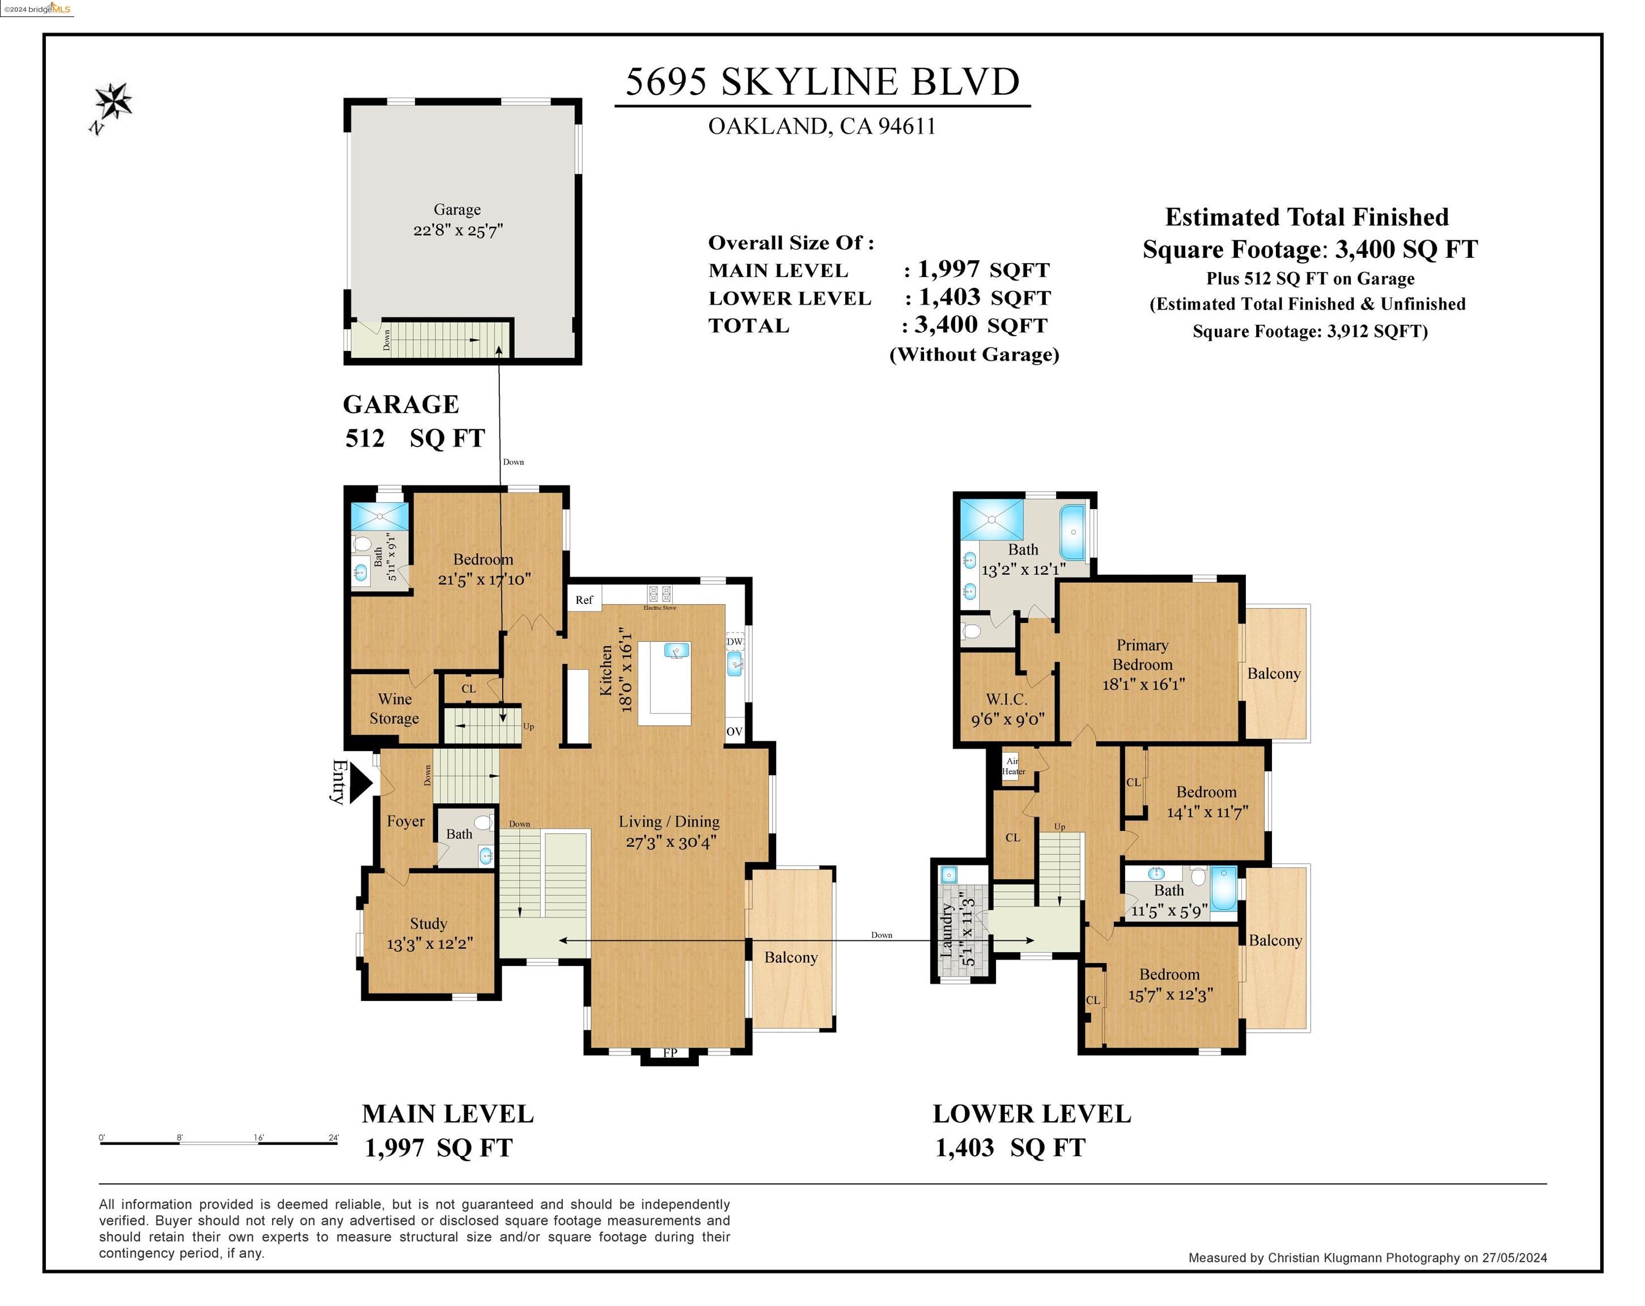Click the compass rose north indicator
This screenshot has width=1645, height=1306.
pos(112,107)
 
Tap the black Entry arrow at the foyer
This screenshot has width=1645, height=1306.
pos(361,783)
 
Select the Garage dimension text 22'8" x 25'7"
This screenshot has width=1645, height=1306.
pos(458,230)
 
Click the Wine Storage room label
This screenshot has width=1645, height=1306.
pos(395,708)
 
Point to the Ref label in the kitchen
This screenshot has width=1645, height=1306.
pos(584,600)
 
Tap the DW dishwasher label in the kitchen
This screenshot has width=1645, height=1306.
pos(734,642)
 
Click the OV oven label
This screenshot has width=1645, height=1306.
pos(734,731)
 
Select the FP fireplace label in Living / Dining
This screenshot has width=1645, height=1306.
pos(670,1053)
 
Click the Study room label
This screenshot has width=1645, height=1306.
pos(428,923)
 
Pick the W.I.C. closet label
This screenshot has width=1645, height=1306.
pos(1006,699)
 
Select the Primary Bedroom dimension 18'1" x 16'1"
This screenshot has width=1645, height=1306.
pos(1143,684)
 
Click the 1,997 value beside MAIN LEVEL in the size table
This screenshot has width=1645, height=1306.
pos(948,269)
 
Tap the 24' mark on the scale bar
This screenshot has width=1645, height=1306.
pos(333,1138)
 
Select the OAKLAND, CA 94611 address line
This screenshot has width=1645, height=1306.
pos(822,126)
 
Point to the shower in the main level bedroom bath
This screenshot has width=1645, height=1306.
pos(380,516)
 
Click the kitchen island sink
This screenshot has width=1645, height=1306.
pos(677,650)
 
